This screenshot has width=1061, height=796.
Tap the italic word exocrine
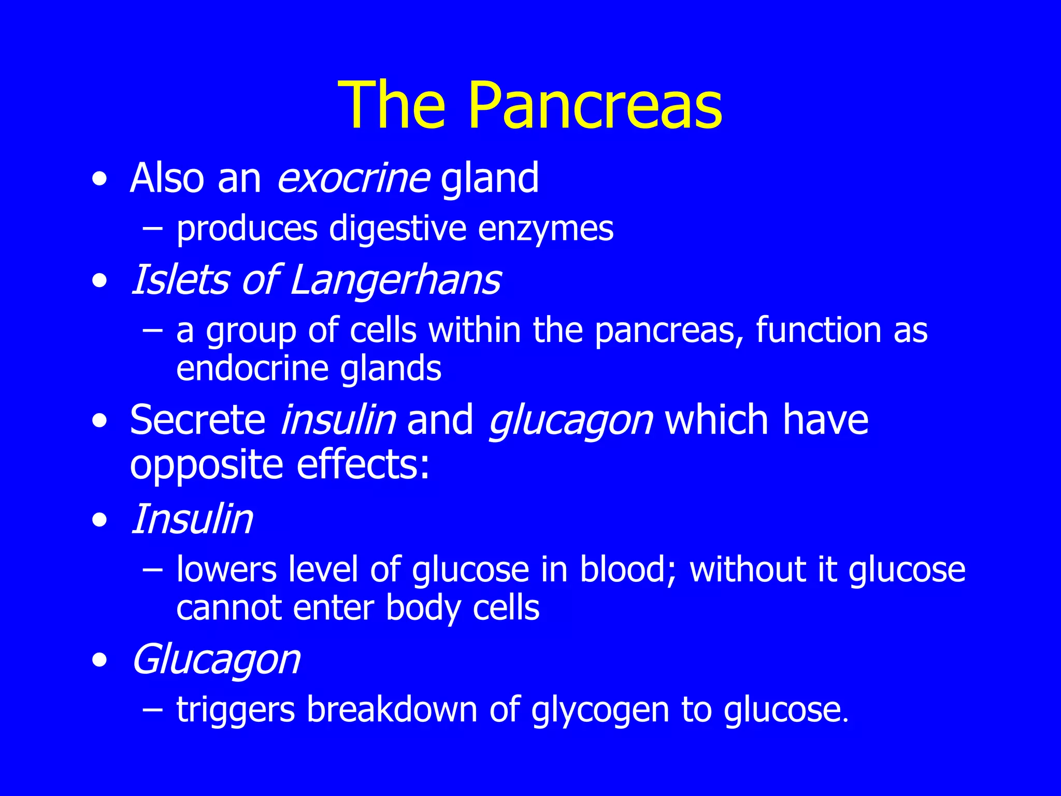coord(353,178)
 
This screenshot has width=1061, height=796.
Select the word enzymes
coord(545,229)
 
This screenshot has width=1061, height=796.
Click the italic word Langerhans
coord(395,280)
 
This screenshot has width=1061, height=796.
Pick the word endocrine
coord(252,368)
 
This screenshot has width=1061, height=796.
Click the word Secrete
coord(197,420)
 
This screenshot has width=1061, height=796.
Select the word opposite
coord(206,465)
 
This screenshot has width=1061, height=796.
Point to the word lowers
coord(226,570)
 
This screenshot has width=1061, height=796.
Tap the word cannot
coord(228,608)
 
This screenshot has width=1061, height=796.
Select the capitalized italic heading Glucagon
coord(216,660)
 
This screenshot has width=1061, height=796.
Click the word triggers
coord(235,710)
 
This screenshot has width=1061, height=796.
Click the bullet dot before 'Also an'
coord(99,179)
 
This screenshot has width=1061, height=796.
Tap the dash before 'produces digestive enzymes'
coord(153,229)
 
